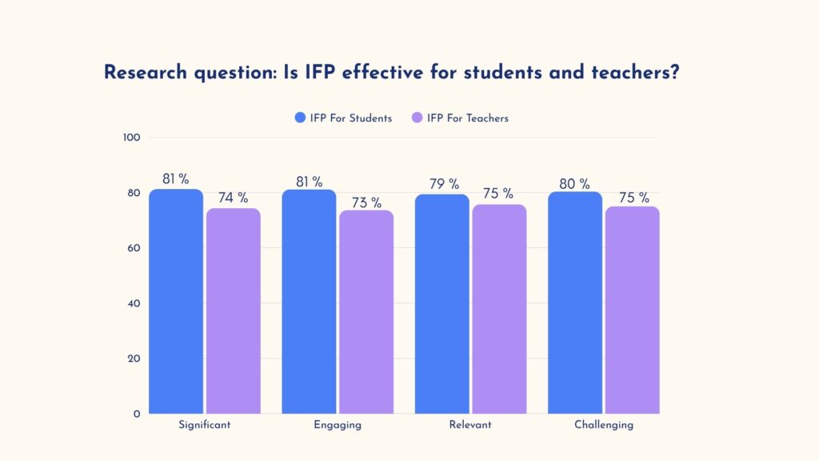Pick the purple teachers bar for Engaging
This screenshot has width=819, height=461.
click(366, 311)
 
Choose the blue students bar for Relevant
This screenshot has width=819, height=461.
click(441, 303)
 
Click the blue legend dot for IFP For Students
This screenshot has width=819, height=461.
click(300, 118)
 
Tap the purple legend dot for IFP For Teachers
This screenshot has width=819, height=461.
click(417, 118)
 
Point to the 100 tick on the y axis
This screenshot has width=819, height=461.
click(132, 138)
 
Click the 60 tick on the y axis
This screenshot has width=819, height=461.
click(134, 248)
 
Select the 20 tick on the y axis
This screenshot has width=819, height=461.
click(134, 359)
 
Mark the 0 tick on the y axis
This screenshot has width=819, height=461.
click(137, 414)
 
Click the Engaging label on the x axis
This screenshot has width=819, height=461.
click(338, 425)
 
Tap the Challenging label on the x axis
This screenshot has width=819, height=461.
click(604, 425)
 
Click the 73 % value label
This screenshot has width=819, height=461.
click(366, 202)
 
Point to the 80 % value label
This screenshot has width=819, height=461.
click(574, 184)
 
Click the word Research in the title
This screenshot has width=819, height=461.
click(146, 73)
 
